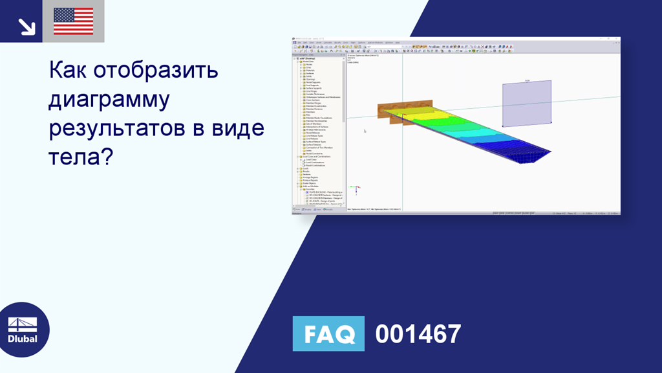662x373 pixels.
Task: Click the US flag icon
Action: coord(73,21)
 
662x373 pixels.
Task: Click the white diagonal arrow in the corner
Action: coord(26,26)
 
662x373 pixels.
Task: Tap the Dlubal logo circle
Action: coord(23,329)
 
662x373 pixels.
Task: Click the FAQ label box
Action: coord(328,334)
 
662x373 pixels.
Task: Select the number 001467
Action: coord(418,334)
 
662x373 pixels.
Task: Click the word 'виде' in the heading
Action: coord(238,128)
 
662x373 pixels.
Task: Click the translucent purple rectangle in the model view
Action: coord(527,102)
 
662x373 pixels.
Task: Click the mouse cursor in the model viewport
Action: coord(365,131)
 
